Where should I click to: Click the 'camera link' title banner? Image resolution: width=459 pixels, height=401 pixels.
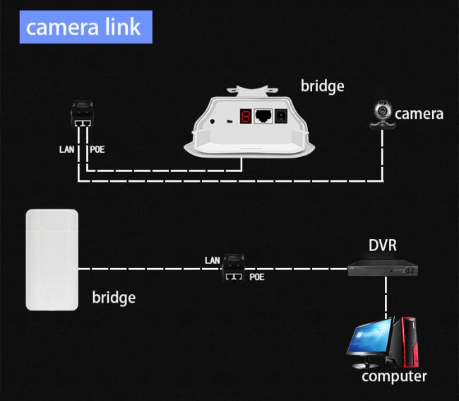point(83,27)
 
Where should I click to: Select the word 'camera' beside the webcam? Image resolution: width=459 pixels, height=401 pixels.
point(419,114)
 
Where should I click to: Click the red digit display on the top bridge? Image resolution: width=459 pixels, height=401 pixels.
point(245,117)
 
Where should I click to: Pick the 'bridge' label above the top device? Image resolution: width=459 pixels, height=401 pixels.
point(322,86)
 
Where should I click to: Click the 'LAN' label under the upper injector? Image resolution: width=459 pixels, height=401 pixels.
point(66,150)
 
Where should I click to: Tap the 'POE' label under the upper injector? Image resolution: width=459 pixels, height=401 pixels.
point(98,150)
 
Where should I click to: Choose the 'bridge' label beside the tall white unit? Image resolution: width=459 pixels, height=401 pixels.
point(114,297)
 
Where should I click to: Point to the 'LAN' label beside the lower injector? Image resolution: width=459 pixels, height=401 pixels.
point(213,260)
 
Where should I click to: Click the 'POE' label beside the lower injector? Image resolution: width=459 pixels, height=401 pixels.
point(257,277)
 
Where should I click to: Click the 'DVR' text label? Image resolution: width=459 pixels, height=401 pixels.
point(383,246)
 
